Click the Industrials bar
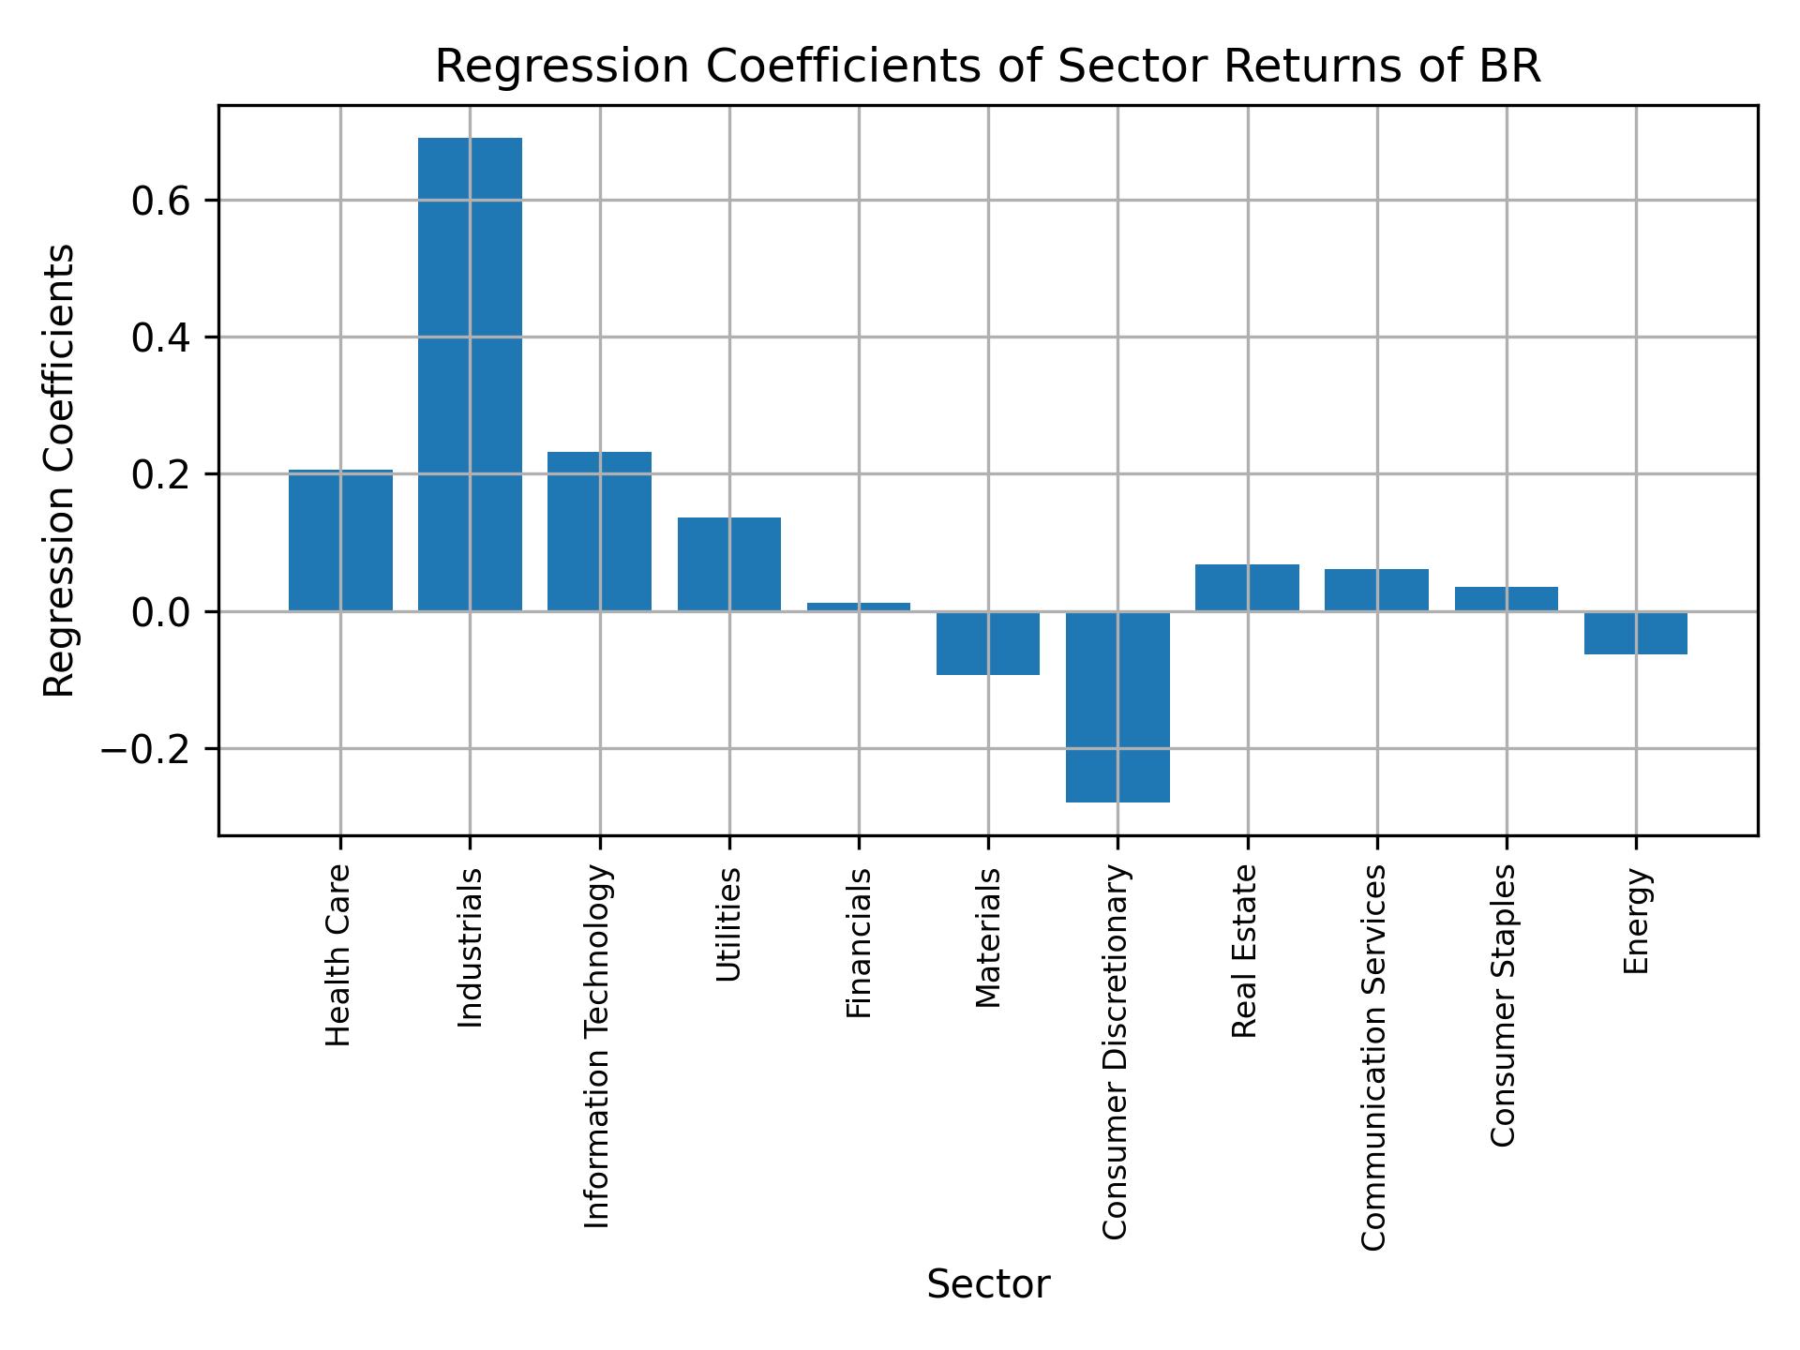[470, 375]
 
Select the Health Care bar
[340, 541]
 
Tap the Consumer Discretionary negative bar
[1117, 707]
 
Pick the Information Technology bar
[599, 532]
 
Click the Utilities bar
[729, 564]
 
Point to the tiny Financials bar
[859, 607]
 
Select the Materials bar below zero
[988, 643]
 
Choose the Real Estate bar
[1247, 588]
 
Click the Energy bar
[1636, 633]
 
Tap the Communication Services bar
[1376, 590]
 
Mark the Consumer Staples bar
[1507, 599]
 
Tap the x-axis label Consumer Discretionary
[1115, 1053]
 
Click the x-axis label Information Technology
[597, 1046]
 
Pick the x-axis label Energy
[1635, 922]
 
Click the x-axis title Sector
[988, 1285]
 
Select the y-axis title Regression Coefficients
[60, 471]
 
